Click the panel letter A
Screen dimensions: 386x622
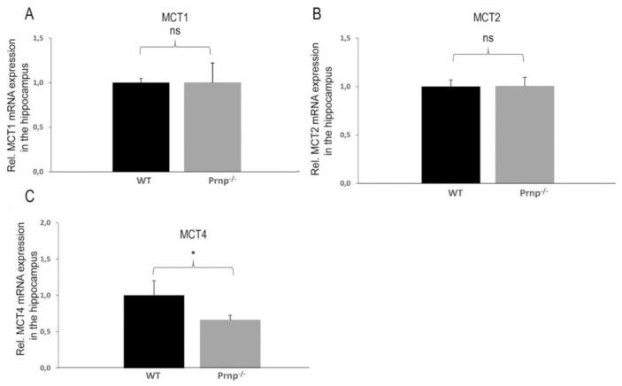click(30, 14)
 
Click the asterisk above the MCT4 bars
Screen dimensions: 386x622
click(193, 252)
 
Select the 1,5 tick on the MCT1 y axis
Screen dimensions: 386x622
click(38, 39)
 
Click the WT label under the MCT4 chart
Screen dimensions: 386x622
click(152, 374)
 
